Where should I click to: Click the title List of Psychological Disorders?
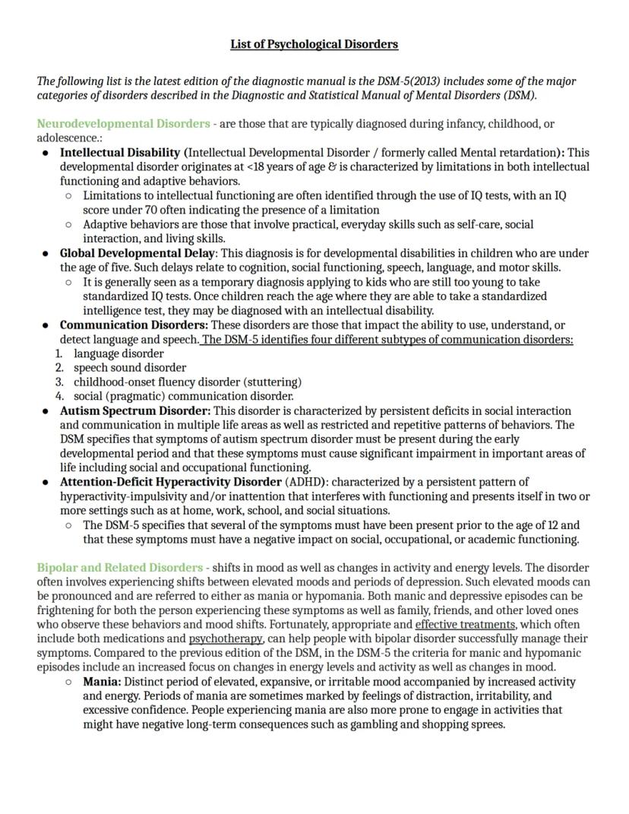pos(314,44)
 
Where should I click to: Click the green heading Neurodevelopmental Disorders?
pos(123,123)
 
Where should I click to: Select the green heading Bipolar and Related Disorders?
pos(119,568)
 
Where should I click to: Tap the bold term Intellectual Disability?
pos(120,152)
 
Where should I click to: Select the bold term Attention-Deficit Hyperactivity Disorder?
pos(170,482)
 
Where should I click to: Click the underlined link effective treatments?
pos(465,625)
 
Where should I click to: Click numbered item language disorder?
pos(119,353)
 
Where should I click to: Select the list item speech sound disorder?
pos(130,368)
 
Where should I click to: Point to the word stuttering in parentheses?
pos(271,382)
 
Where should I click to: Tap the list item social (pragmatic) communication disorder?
pos(183,396)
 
